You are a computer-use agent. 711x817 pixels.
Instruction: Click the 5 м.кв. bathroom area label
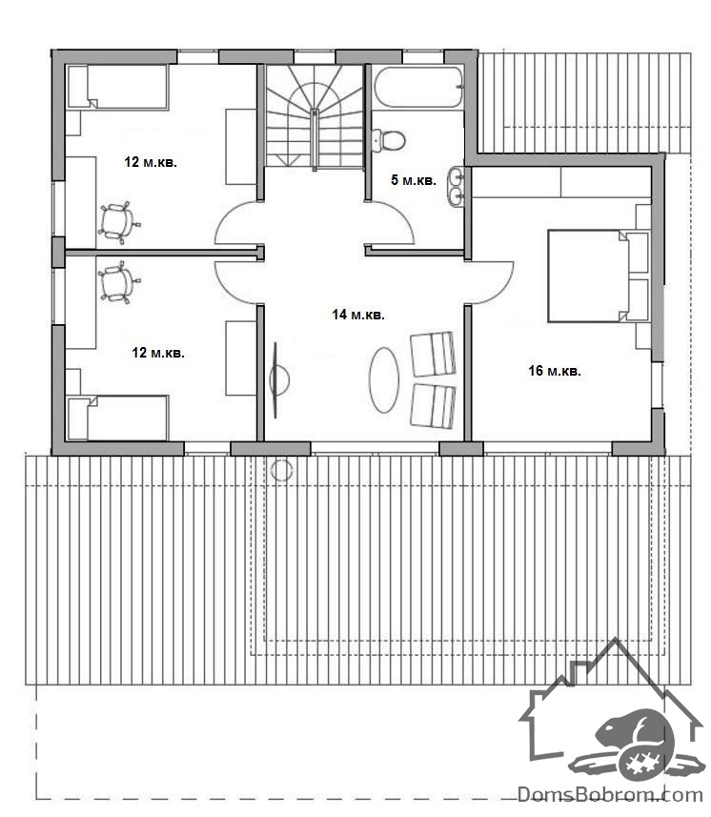414,180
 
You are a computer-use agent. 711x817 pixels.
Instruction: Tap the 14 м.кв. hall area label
358,315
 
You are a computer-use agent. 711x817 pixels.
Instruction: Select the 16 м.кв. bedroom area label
555,371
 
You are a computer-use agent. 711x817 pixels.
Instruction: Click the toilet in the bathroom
389,140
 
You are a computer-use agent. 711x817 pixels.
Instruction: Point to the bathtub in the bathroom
417,87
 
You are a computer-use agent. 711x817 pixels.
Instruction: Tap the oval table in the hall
384,379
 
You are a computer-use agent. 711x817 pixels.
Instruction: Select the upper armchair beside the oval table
433,354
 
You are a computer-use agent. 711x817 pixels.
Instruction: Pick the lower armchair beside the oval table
433,406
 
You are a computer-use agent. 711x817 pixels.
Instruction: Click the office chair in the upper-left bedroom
119,222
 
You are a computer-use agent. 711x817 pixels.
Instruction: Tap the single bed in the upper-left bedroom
118,87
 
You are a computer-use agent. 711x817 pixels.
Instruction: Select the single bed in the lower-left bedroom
118,418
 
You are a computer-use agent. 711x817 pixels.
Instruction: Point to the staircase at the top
315,116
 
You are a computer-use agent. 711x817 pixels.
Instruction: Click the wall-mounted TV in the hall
276,379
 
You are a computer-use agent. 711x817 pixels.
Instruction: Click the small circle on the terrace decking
282,470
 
